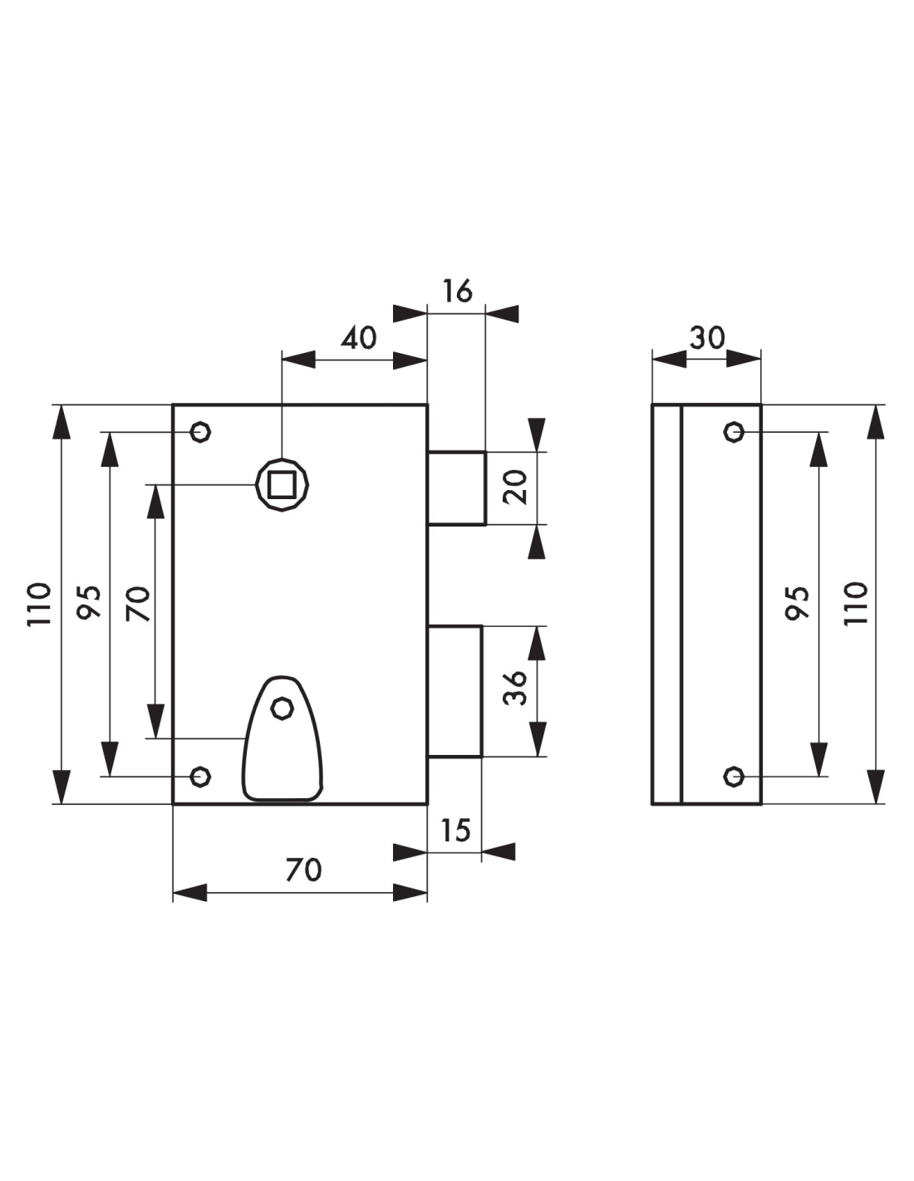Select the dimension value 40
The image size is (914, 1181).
click(x=359, y=338)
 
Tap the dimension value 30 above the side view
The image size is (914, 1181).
click(x=707, y=338)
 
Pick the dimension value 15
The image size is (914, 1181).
click(x=455, y=831)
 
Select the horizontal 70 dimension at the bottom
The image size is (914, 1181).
click(x=303, y=870)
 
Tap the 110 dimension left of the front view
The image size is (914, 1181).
click(x=39, y=604)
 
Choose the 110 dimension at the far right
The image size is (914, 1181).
click(x=856, y=604)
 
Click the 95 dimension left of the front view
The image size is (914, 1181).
click(x=89, y=601)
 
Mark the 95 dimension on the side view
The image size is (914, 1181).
click(x=797, y=601)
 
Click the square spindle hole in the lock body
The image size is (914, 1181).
click(x=283, y=484)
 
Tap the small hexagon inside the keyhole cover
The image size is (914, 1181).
click(x=283, y=708)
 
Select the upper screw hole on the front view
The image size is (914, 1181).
click(x=200, y=432)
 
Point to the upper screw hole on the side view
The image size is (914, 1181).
click(x=734, y=432)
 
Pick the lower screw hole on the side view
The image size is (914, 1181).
click(x=734, y=776)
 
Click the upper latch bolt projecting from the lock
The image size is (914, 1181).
click(x=456, y=488)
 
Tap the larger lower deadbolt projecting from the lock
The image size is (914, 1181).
click(x=455, y=691)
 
